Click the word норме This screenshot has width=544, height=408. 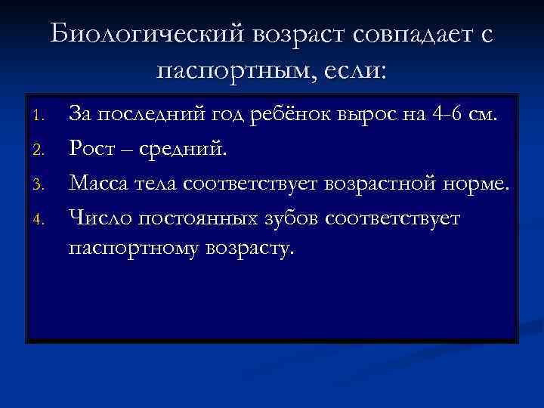coord(480,182)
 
